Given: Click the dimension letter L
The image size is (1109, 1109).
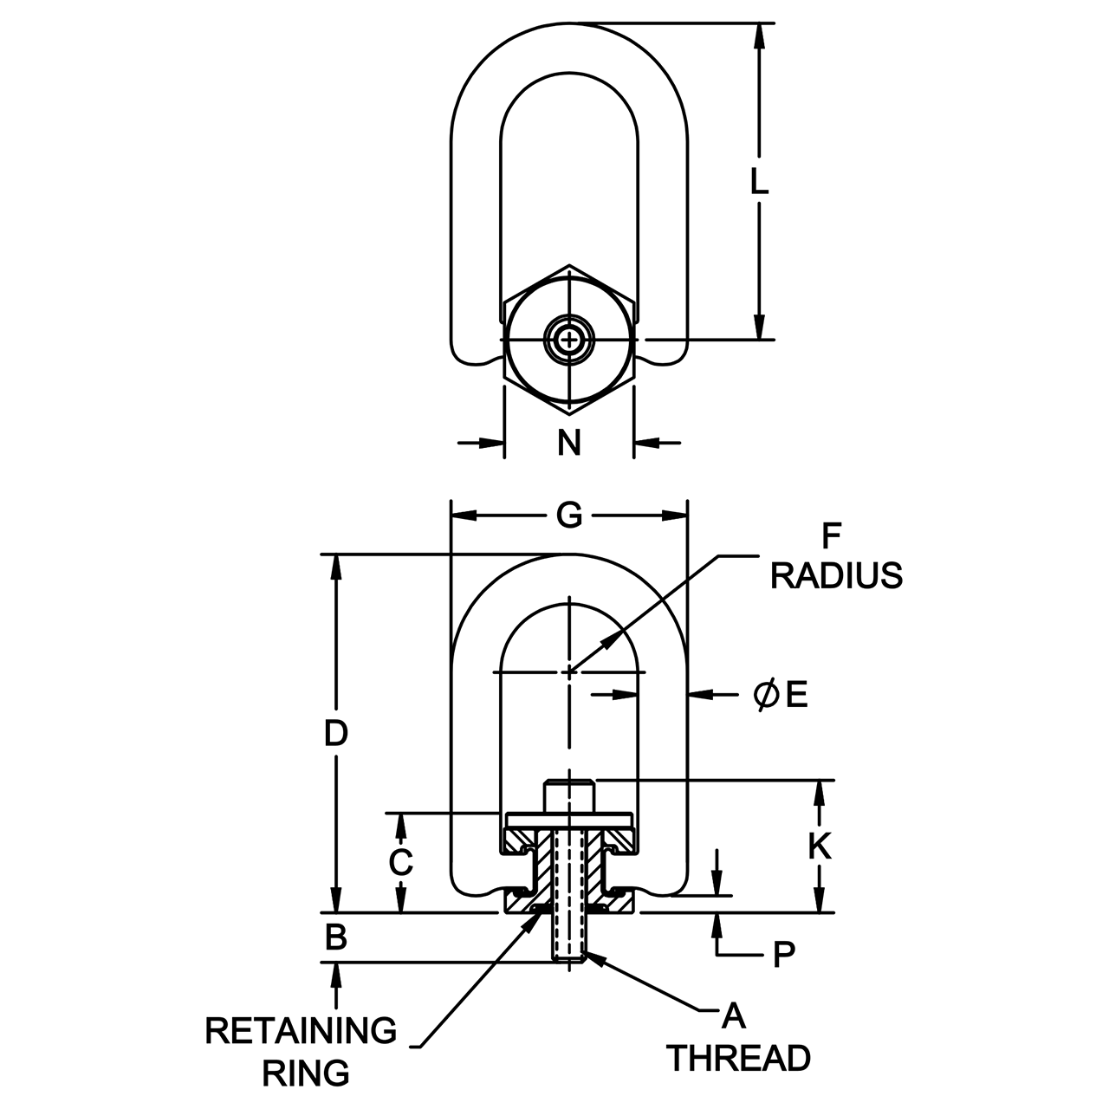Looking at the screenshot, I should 759,181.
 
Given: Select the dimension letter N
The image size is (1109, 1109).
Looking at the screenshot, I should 568,443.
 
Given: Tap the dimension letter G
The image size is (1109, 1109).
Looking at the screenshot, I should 568,516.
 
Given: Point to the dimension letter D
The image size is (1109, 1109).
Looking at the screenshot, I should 336,734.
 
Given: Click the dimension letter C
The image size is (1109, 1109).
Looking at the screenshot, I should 400,863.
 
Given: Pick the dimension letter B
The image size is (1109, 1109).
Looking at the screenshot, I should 336,937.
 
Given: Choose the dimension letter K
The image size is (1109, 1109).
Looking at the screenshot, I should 820,846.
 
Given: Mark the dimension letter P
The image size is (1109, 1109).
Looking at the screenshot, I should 782,955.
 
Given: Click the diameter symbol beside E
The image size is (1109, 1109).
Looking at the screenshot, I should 764,694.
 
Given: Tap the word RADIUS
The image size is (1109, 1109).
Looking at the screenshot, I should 836,575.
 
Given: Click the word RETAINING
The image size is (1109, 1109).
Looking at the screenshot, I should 302,1031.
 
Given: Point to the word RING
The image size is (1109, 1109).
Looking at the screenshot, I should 306,1073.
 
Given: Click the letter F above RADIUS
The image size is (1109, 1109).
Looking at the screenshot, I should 831,536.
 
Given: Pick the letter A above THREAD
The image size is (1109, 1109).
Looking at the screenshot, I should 734,1015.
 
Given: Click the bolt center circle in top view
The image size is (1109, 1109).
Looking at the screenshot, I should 569,340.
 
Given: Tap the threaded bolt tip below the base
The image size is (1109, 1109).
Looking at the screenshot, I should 569,953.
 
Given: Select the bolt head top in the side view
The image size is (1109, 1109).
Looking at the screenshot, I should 569,784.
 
